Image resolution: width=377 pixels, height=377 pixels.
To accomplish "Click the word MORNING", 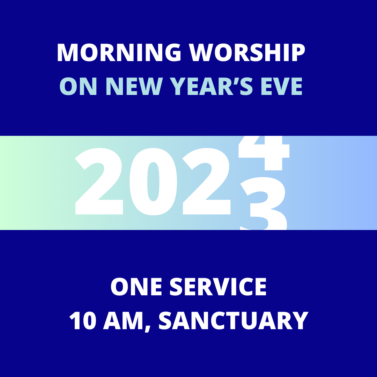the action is point(119,52).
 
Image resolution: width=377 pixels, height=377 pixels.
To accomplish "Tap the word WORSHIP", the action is point(247,52).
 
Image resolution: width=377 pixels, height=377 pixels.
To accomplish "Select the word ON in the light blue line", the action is point(78,86).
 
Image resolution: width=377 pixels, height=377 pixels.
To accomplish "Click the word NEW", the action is point(133,86).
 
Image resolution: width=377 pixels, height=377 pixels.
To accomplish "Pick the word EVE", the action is point(282,86).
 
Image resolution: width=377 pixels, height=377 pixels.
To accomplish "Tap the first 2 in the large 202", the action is point(99,181).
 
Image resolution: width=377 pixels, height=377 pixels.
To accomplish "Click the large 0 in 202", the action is point(153,182).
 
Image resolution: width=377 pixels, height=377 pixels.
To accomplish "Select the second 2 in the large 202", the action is point(206,181).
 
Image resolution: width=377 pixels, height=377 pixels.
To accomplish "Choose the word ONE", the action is point(136,287).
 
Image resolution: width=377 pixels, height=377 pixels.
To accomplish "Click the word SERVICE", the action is point(218,287).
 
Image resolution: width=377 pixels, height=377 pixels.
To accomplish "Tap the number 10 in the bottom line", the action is point(83,320).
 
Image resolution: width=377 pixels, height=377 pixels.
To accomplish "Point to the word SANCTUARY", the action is point(234,320).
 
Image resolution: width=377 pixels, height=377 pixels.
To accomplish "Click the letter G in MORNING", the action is point(173,52).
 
